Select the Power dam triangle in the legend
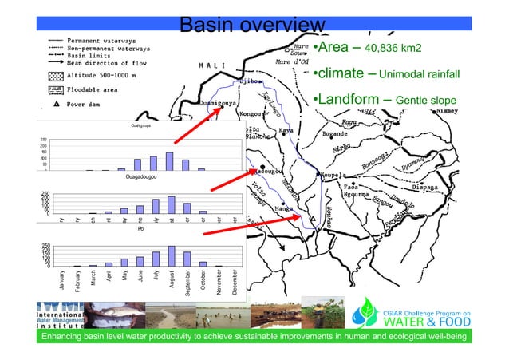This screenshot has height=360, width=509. pyautogui.click(x=56, y=104)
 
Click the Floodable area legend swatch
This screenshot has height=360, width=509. pyautogui.click(x=56, y=90)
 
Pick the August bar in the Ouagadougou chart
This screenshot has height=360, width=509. pyautogui.click(x=171, y=205)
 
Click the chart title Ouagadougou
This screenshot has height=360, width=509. pyautogui.click(x=140, y=177)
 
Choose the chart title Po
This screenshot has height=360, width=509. pyautogui.click(x=140, y=229)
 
